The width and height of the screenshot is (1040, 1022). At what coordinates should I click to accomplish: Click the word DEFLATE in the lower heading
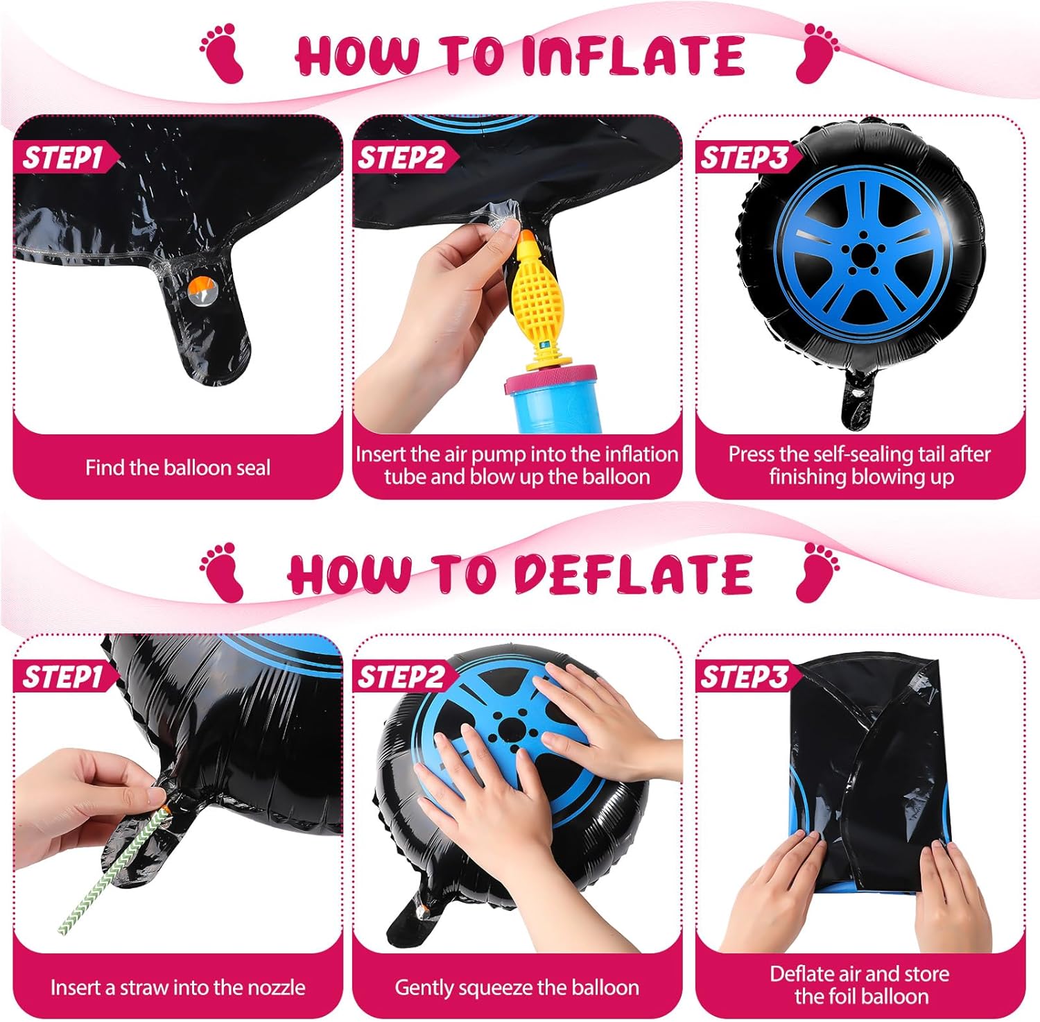pos(632,575)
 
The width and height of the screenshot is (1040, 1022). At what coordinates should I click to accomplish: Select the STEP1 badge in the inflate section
pos(63,157)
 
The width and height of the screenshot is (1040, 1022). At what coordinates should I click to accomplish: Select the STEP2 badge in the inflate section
pos(401,157)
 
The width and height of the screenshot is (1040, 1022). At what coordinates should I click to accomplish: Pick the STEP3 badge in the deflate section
pos(744,676)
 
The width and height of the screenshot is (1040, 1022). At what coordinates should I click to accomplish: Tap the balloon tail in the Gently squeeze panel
pos(413,916)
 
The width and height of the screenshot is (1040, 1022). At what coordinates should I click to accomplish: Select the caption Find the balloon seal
pos(177,468)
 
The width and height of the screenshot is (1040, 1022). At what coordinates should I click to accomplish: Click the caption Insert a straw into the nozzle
pos(177,987)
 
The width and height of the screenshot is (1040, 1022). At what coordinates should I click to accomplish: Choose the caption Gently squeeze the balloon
pos(517,987)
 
